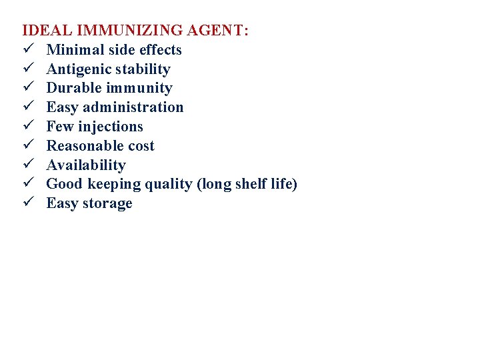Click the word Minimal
click(x=73, y=50)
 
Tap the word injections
click(x=111, y=127)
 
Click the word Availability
click(x=86, y=165)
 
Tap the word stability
click(x=143, y=69)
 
